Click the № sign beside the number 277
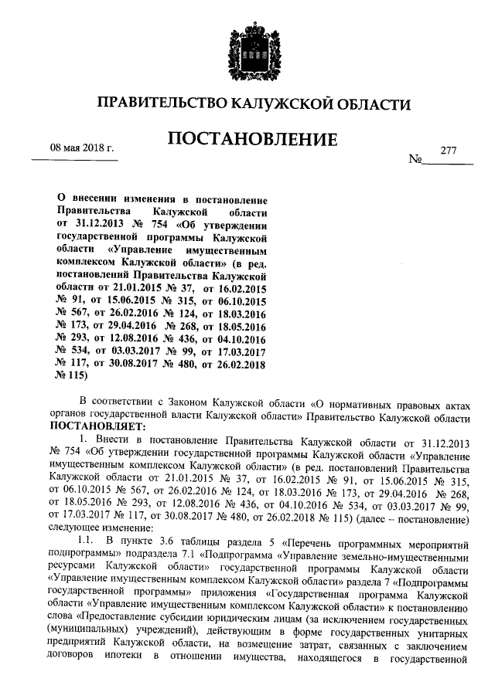[415, 161]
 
